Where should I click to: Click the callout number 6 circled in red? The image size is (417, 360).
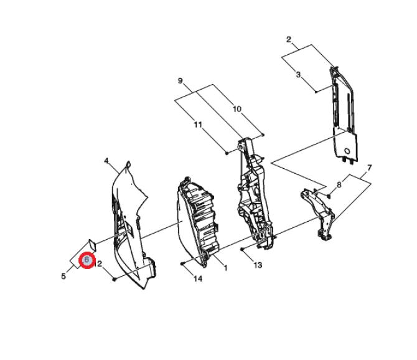tap(87, 260)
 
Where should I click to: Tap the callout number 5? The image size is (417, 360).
tap(63, 276)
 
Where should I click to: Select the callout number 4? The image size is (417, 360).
tap(106, 161)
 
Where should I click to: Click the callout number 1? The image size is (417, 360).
tap(225, 268)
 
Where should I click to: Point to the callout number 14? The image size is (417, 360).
tap(198, 279)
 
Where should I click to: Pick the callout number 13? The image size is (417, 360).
tap(258, 265)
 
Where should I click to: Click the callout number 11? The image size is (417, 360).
tap(198, 125)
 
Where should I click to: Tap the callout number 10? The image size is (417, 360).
tap(237, 109)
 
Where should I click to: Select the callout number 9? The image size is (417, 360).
tap(180, 80)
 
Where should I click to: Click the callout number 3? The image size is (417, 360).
tap(298, 74)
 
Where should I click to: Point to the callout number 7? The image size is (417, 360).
tap(369, 168)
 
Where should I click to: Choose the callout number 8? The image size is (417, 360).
tap(339, 184)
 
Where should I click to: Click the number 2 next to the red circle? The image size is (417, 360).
tap(100, 264)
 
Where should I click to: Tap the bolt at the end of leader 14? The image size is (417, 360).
tap(182, 263)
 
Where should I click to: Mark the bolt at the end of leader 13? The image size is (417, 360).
tap(242, 249)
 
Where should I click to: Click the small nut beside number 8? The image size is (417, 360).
tap(329, 196)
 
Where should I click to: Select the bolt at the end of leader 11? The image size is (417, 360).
tap(227, 153)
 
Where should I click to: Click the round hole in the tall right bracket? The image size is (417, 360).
tap(347, 151)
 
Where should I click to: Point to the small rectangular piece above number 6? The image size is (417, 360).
tap(91, 245)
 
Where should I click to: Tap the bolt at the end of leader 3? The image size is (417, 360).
tap(316, 92)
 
